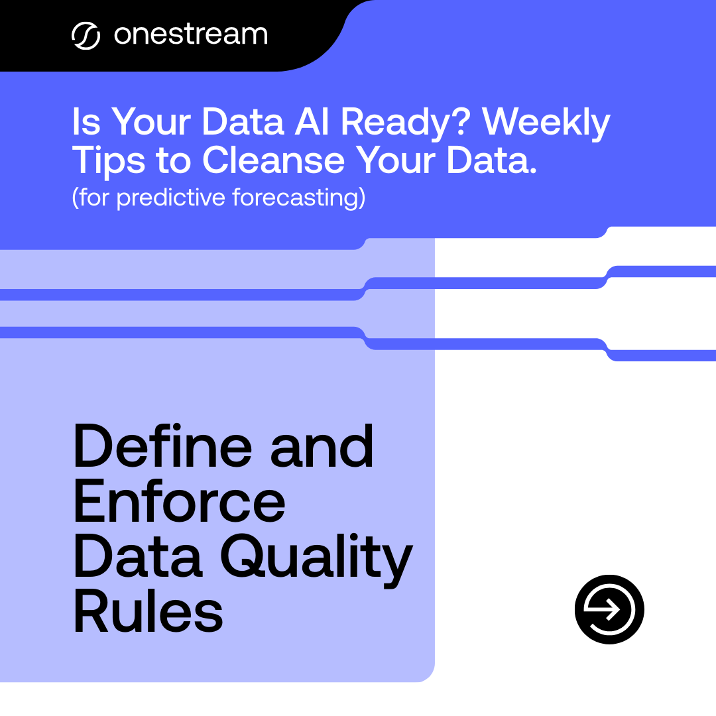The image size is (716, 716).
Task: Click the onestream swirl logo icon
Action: pos(86,36)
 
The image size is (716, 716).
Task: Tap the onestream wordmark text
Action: pos(191,35)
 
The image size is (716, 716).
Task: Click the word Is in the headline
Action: pos(86,123)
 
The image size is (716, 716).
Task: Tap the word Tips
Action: pos(107,161)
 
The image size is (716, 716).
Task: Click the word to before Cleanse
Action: pos(172,161)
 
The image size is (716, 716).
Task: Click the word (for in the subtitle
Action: pos(91,198)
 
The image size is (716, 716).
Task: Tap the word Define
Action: pos(162,446)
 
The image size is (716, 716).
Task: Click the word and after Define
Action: pos(323,446)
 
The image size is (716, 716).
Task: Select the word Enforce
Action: pos(179,502)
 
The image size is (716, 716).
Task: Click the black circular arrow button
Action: pos(609,609)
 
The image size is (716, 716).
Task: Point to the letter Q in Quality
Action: pos(246,558)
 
